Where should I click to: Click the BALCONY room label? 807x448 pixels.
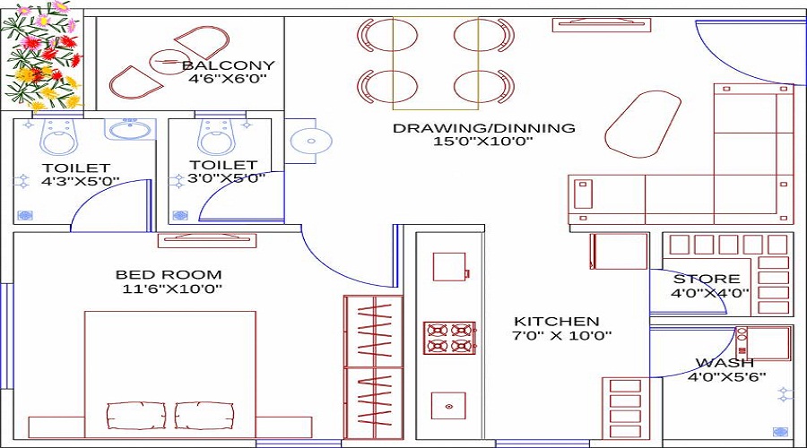[x=228, y=65]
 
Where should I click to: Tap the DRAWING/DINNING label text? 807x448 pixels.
[x=483, y=128]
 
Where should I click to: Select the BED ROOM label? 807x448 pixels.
[x=169, y=274]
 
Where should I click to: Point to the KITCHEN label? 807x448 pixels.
[x=556, y=321]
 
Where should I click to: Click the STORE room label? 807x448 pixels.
[x=707, y=279]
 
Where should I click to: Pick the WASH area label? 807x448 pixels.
[x=724, y=363]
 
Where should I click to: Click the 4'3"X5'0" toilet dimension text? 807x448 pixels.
[x=81, y=181]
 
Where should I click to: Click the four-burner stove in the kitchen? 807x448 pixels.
[x=449, y=338]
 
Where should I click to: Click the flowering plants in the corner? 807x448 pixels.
[x=40, y=54]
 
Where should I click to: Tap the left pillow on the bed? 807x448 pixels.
[x=135, y=415]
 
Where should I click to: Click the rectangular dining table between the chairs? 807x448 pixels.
[x=435, y=61]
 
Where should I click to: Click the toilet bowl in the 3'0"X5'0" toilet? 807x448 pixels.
[x=216, y=139]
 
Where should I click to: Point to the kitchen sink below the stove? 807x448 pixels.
[x=448, y=406]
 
